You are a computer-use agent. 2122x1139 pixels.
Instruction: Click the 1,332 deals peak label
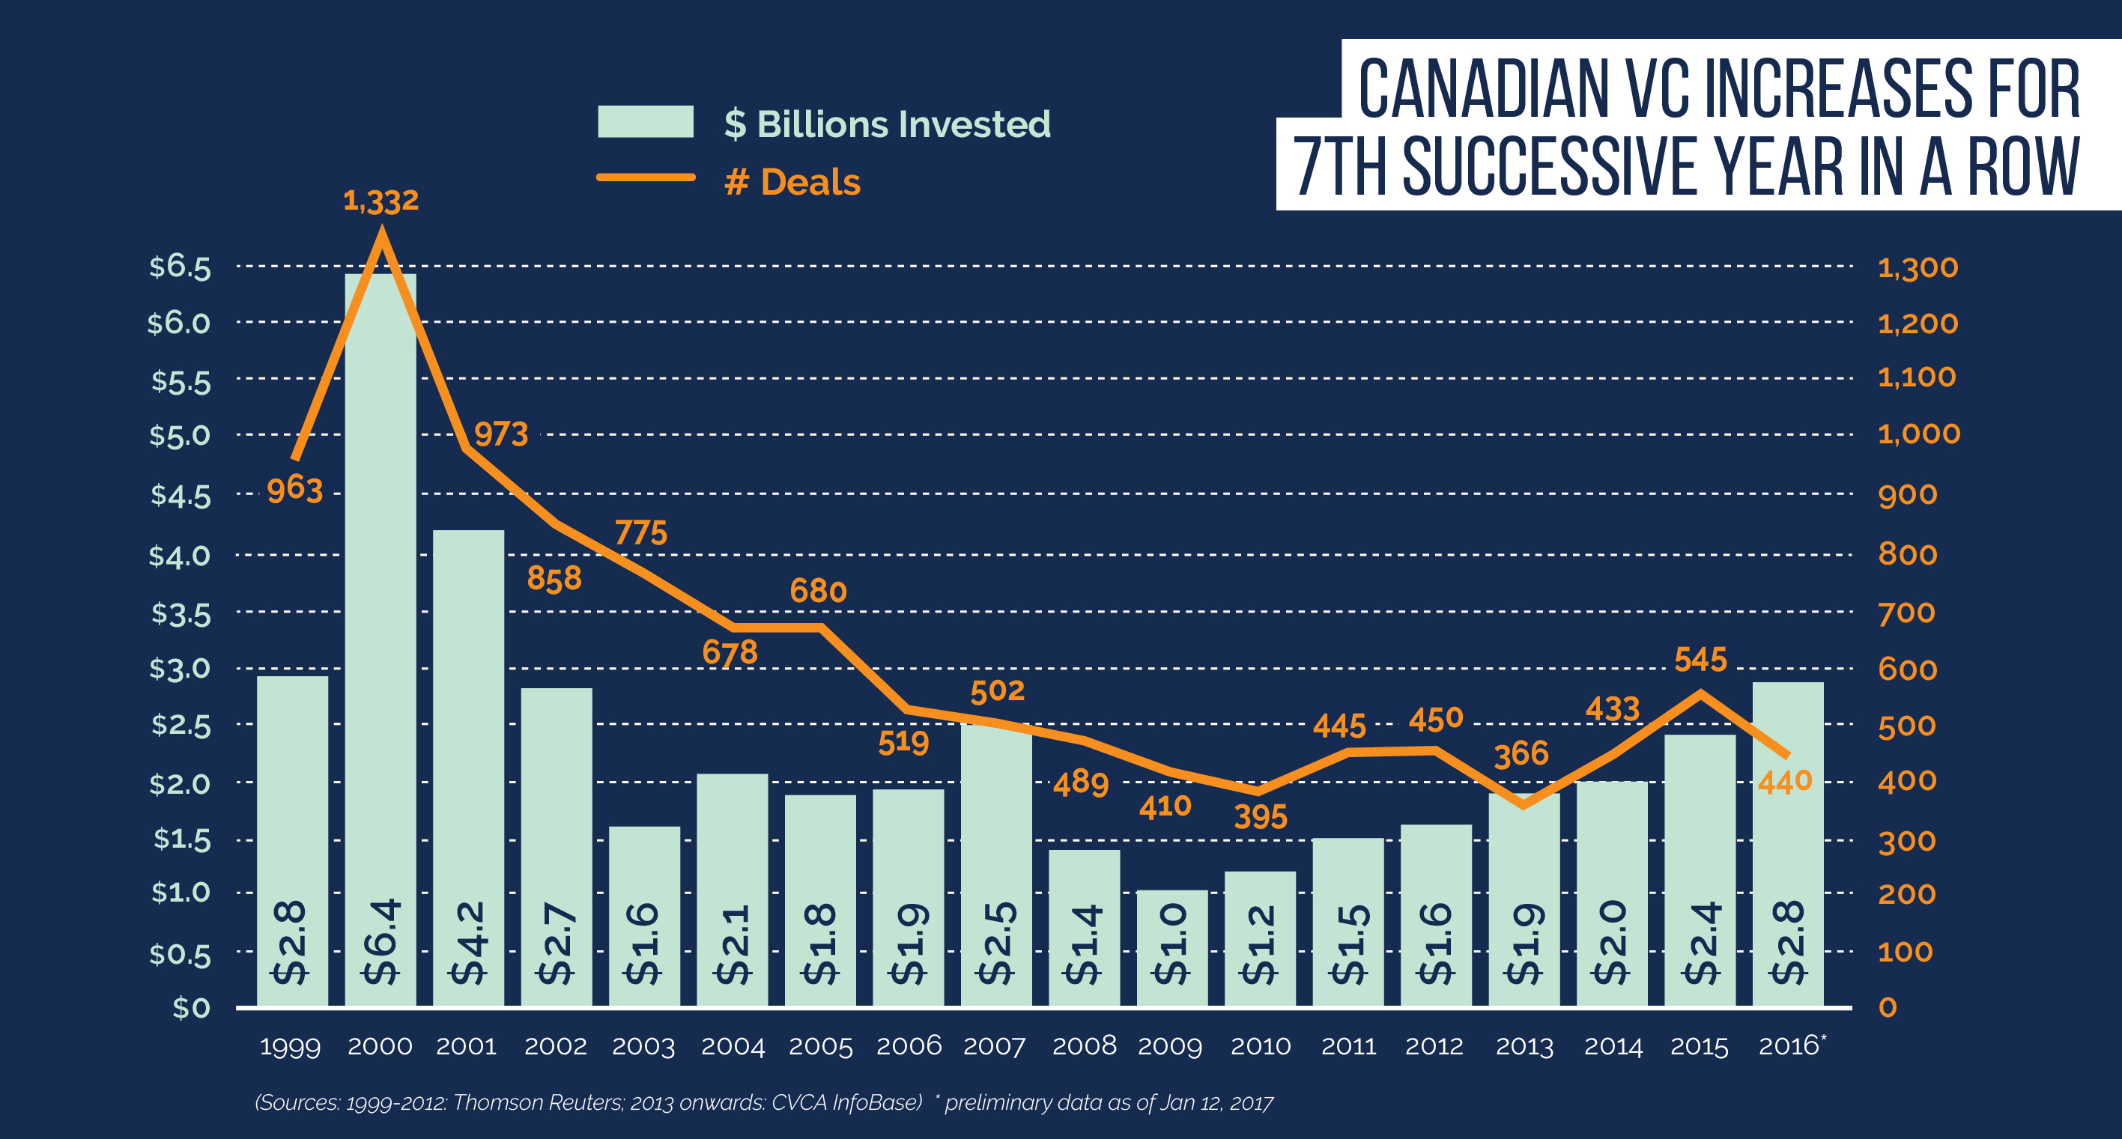381,200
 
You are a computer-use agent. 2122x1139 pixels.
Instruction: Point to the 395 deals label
1261,817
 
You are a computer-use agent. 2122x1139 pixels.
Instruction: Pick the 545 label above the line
1700,659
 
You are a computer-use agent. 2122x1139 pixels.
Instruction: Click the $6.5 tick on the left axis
181,267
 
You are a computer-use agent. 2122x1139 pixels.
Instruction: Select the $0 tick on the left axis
192,1007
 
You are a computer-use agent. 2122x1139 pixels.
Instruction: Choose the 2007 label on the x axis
994,1046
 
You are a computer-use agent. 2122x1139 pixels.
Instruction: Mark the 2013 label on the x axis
1524,1046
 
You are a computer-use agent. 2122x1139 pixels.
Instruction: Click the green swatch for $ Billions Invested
645,122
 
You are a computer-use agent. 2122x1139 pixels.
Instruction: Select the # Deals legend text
792,182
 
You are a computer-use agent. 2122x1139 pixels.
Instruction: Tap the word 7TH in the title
1339,167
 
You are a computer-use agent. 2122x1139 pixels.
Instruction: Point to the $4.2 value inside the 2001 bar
469,943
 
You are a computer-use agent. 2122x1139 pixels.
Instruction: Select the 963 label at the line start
294,489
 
